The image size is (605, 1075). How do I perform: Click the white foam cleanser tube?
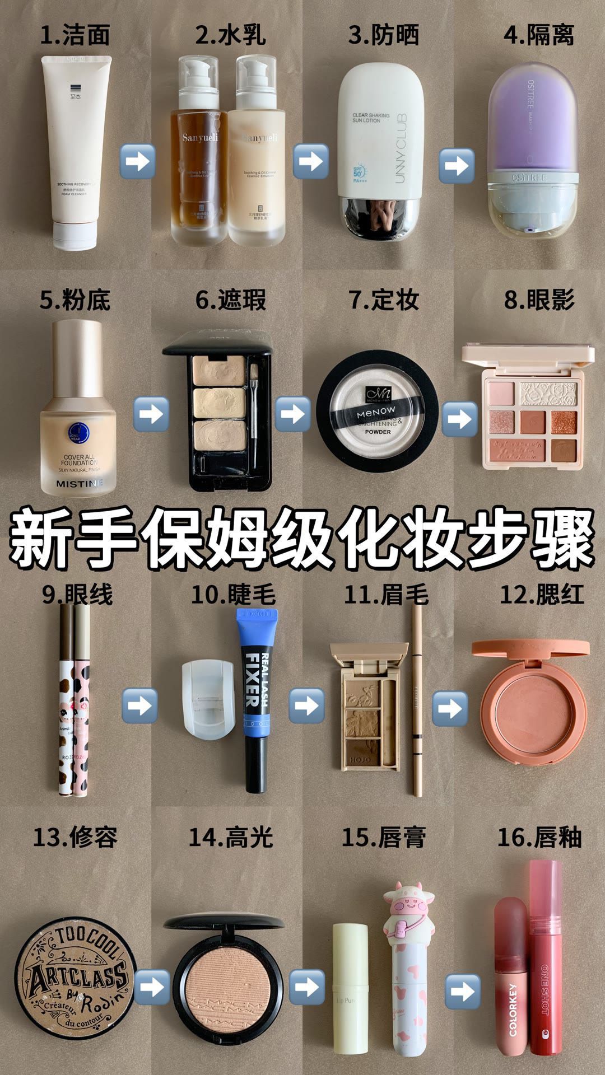tap(76, 151)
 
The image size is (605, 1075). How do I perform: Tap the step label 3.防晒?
tap(383, 35)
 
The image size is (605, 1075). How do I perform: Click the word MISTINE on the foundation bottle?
tap(79, 483)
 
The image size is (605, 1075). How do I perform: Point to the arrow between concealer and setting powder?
tap(292, 414)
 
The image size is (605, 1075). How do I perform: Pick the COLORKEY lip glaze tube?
tap(511, 985)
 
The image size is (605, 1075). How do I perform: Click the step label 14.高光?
tap(231, 838)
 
